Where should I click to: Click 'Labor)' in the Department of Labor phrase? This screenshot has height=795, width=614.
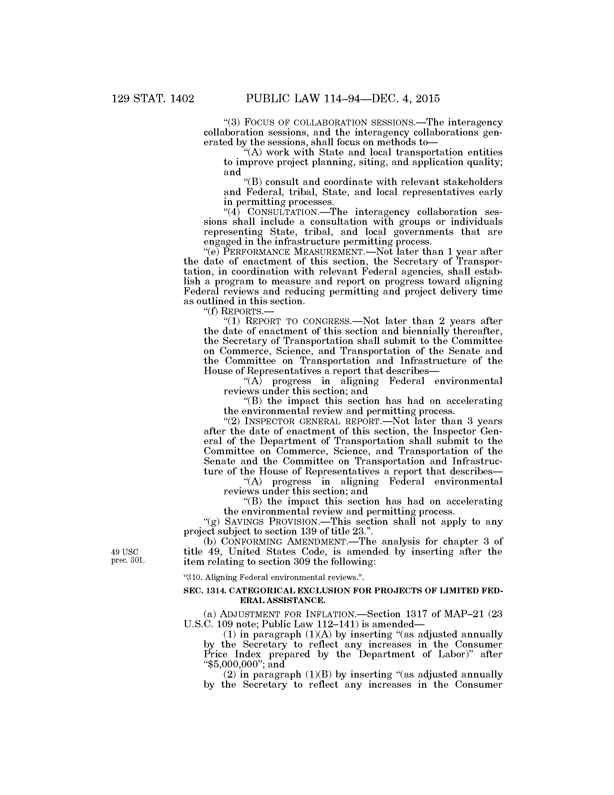tap(456, 654)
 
